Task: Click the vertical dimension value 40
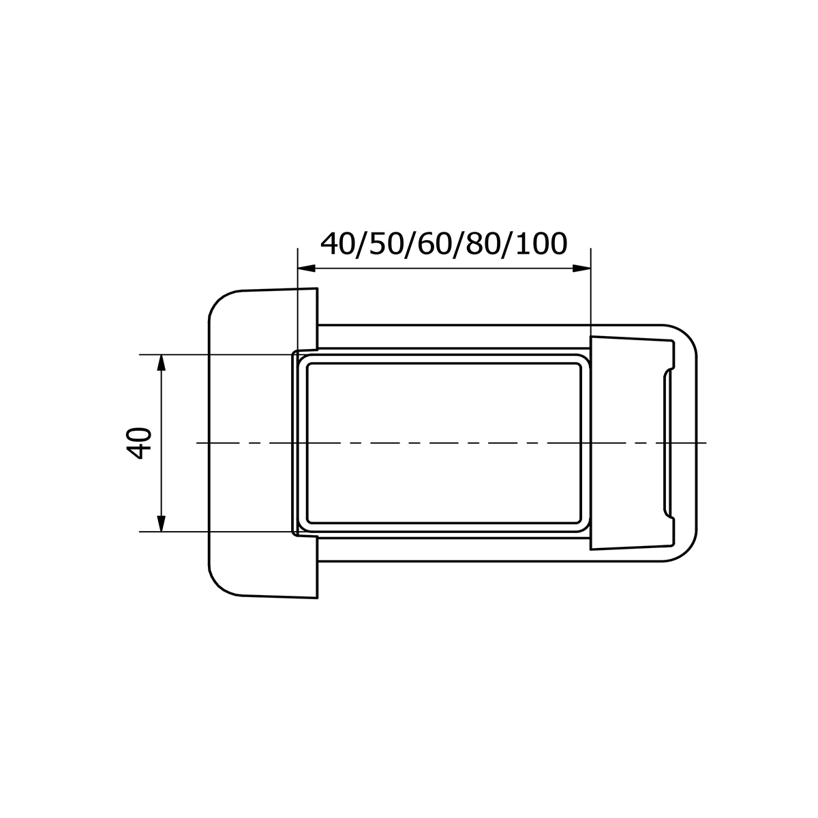coord(139,444)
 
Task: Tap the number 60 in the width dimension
coord(436,243)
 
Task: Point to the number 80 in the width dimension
coord(487,243)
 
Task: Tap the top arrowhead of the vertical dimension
coord(161,362)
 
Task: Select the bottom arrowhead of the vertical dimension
coord(161,523)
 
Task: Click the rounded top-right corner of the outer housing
coord(688,335)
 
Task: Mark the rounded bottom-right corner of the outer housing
coord(688,552)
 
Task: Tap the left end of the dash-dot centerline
coord(198,443)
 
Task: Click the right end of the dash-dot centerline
coord(706,443)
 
